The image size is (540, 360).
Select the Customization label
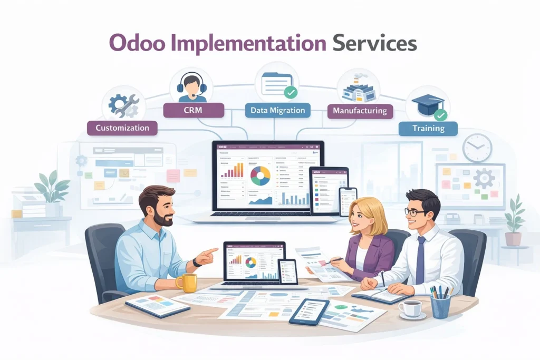[x=122, y=128]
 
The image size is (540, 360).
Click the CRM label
[x=194, y=110]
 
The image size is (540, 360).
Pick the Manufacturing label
[x=360, y=111]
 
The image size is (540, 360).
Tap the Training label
[x=428, y=128]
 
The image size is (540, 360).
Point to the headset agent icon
[x=192, y=86]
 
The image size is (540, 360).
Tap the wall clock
[x=477, y=148]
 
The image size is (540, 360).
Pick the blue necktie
[x=420, y=252]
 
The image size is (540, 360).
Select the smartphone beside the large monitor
[x=348, y=201]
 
